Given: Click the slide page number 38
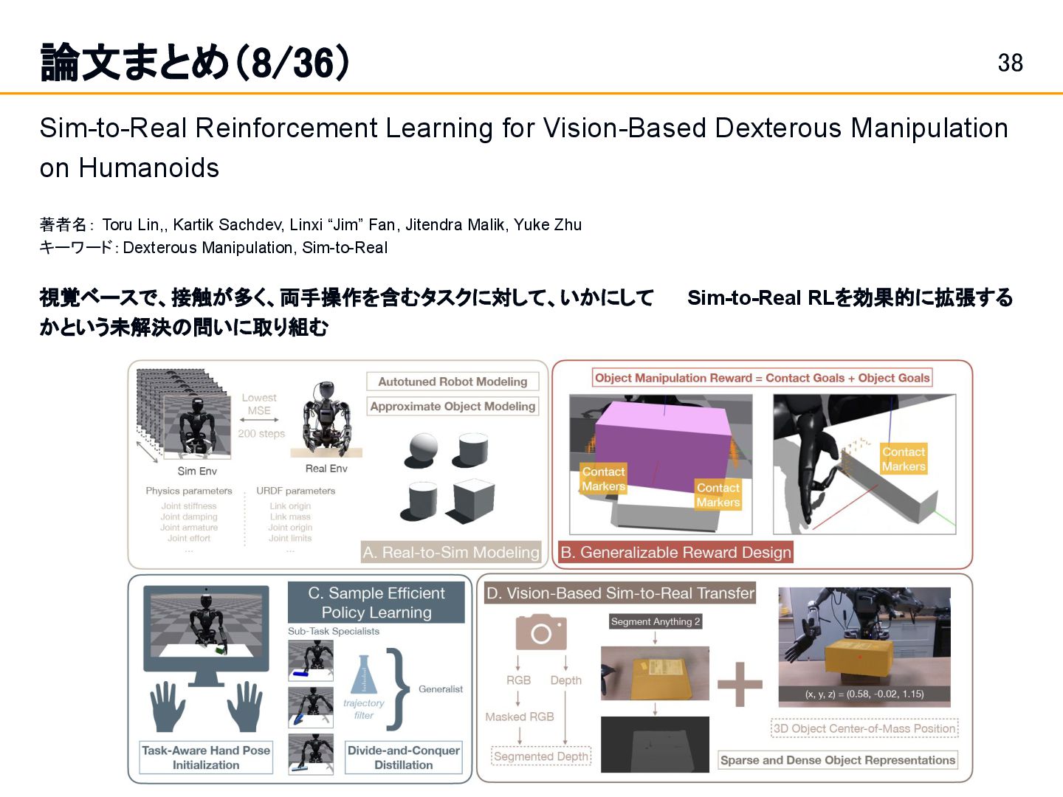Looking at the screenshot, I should [x=1010, y=63].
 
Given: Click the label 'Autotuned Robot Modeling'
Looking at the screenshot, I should [x=453, y=382].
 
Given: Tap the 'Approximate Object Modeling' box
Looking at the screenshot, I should [x=453, y=407].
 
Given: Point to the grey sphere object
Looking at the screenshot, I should [x=422, y=448].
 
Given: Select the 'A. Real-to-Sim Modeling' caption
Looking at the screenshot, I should [x=451, y=552].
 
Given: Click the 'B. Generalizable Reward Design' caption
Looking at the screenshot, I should [x=675, y=552].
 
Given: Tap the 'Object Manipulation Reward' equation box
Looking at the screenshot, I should [x=762, y=378].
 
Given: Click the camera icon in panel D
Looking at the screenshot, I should [x=540, y=632].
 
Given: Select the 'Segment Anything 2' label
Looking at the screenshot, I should [x=656, y=621].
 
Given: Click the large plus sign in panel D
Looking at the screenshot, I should [x=740, y=683].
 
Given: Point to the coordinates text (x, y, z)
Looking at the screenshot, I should [x=864, y=694].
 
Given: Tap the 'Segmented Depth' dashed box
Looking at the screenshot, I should [x=541, y=756].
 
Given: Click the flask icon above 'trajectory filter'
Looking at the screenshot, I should [x=363, y=674].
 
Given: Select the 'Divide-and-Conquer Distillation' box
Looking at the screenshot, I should [x=403, y=757].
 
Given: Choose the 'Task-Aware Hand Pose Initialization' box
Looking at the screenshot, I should [x=206, y=757].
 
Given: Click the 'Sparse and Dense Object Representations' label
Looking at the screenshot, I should [x=837, y=760].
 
